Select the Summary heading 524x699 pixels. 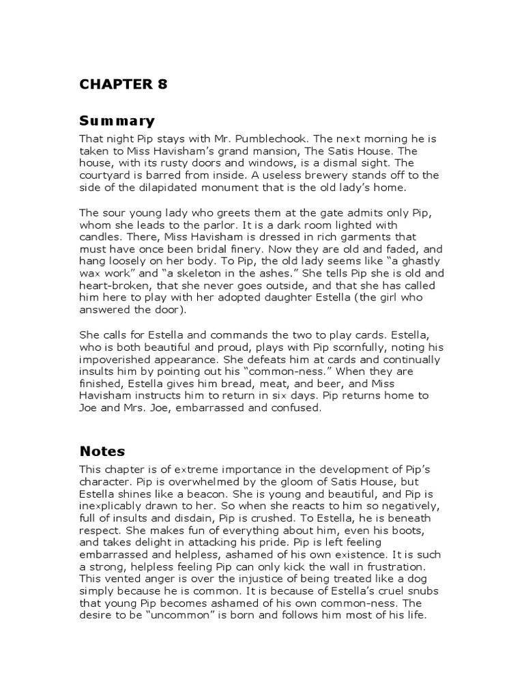point(117,122)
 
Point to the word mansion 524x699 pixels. point(277,151)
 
